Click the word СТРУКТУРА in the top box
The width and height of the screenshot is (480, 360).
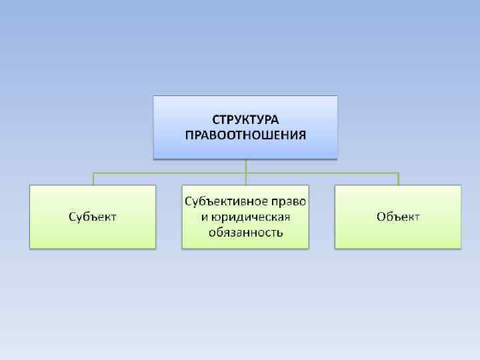(245, 120)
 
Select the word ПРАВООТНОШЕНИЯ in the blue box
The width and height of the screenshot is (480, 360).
(245, 135)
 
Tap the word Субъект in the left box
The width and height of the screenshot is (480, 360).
(93, 217)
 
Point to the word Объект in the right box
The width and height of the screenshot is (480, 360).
(398, 217)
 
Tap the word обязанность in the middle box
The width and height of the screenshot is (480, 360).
(245, 233)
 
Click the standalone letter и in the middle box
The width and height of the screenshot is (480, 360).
(205, 218)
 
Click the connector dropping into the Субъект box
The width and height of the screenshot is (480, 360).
(93, 179)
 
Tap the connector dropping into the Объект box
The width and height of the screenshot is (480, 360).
(398, 179)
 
